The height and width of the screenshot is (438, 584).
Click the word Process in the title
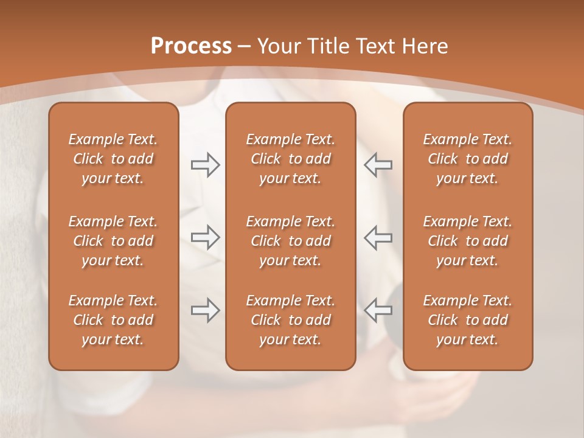click(191, 46)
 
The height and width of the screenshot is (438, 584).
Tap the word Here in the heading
click(423, 46)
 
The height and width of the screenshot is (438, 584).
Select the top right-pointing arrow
click(206, 165)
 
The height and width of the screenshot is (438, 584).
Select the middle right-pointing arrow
click(206, 237)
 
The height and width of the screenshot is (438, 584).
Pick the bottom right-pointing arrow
click(206, 310)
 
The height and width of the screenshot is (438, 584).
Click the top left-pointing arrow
click(378, 165)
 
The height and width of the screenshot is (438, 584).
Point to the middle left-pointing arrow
click(378, 237)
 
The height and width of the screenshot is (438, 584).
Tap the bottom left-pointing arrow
click(378, 310)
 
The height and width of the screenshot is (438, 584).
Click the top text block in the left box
click(113, 159)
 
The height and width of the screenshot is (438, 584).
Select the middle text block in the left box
click(113, 241)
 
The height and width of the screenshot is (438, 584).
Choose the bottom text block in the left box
click(113, 320)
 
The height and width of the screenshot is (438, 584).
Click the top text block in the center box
click(290, 159)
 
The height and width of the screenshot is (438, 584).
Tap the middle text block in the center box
click(290, 241)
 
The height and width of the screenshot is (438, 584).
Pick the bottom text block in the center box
click(290, 320)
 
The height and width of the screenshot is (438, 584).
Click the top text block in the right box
click(467, 159)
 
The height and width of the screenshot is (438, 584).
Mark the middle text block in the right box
click(467, 241)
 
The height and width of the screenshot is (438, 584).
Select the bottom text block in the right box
click(467, 320)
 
